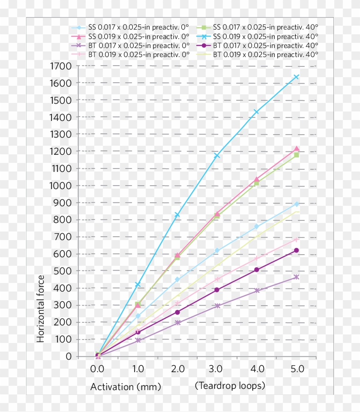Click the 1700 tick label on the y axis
(x=61, y=66)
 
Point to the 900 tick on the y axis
(x=63, y=203)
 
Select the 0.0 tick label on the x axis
(x=98, y=369)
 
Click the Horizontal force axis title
(x=41, y=309)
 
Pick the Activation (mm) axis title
(x=126, y=387)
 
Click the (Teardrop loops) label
(x=230, y=386)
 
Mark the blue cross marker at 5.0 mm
(x=296, y=77)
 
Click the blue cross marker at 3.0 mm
(x=217, y=155)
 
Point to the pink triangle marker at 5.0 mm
(x=297, y=149)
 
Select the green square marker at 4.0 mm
(x=257, y=183)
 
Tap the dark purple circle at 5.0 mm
(x=296, y=250)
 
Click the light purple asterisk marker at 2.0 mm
(x=177, y=322)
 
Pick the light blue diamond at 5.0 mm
(x=296, y=204)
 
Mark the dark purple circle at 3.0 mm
(x=217, y=290)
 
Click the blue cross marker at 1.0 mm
(x=138, y=285)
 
